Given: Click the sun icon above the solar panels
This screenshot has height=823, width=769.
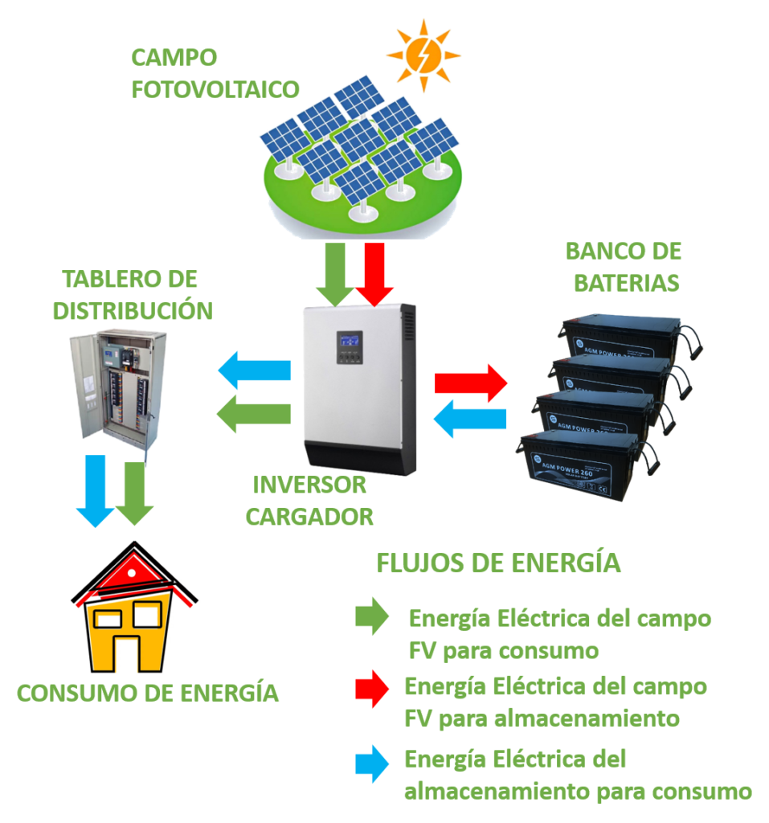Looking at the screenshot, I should (423, 55).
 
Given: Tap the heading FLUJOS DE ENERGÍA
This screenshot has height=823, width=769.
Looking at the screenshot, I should (498, 563).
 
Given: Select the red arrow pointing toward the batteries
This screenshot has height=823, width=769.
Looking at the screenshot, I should (471, 383).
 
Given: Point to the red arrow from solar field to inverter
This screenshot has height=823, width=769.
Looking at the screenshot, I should (374, 273).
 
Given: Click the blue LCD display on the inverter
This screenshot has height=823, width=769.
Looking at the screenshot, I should (350, 341).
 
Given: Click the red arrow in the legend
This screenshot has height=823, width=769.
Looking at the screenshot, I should (372, 689).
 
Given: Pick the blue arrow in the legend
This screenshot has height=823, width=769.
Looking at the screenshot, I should (372, 764).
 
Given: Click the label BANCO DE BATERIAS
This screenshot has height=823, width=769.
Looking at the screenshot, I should (623, 267).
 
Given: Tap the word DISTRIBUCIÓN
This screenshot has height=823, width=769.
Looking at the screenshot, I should (133, 310).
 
